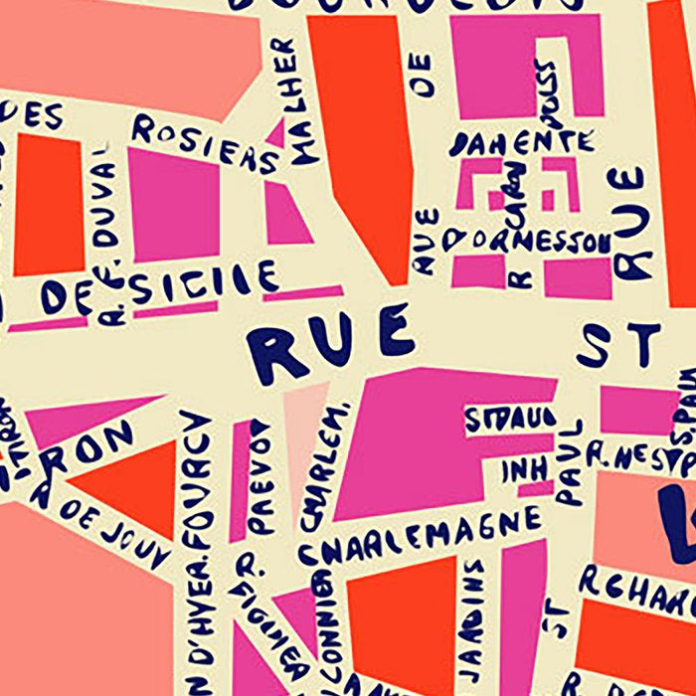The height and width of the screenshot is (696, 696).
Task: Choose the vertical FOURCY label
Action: point(198,477)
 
